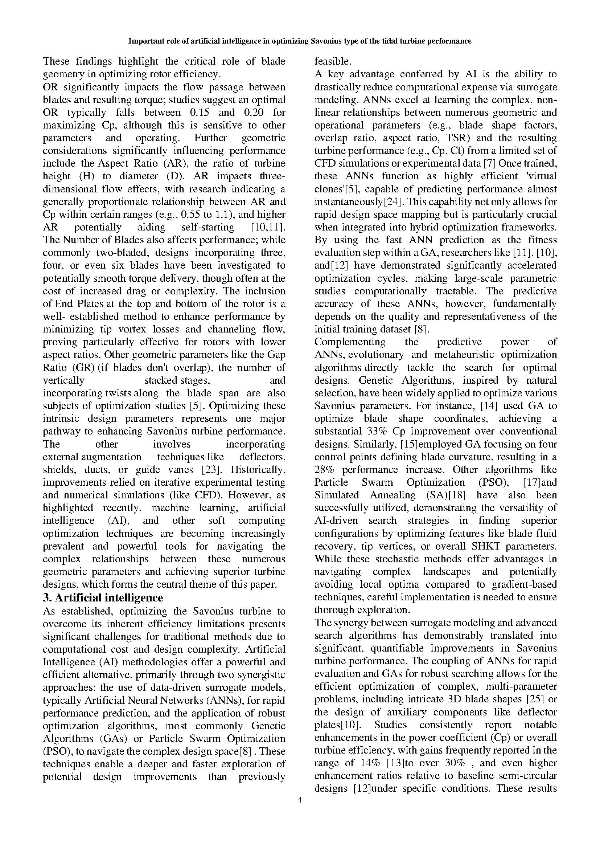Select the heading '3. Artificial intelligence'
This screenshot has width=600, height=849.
tap(103, 597)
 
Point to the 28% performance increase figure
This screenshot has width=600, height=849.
tap(324, 470)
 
